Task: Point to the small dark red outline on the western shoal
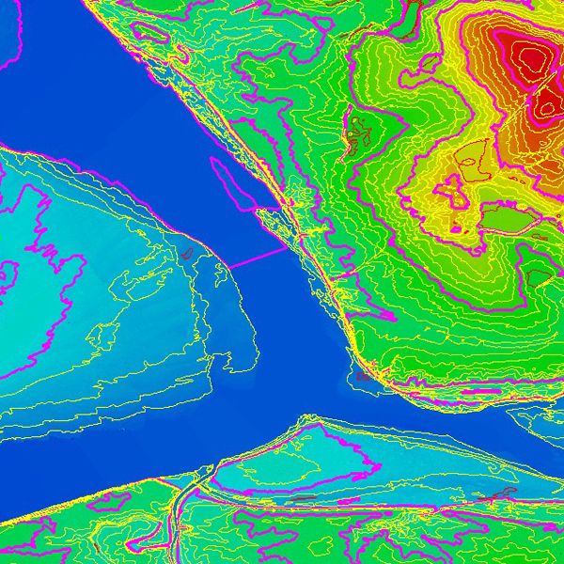187,253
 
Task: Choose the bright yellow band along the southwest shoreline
56,509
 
